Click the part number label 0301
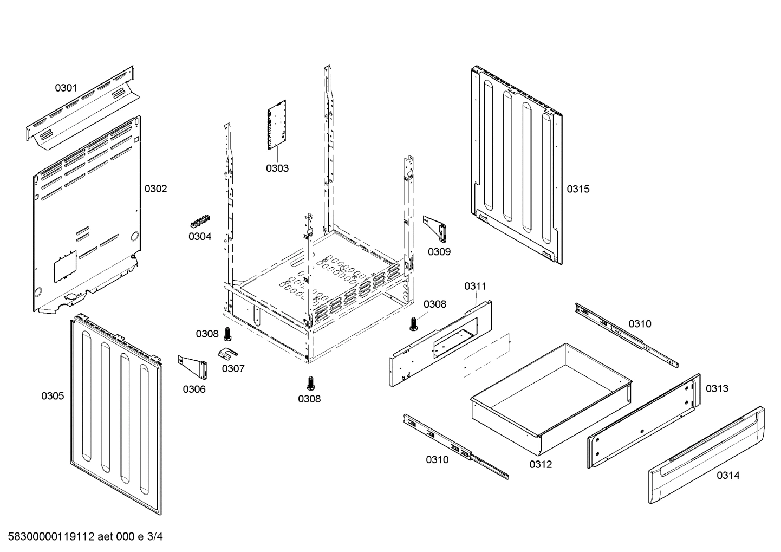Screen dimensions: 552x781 (66, 88)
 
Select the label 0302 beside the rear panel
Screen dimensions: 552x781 (155, 189)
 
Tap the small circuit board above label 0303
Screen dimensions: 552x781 (277, 124)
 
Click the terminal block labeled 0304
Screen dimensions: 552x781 (200, 222)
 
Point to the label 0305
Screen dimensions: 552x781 (53, 396)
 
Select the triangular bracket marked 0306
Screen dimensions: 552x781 (193, 367)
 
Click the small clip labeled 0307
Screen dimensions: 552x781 (230, 353)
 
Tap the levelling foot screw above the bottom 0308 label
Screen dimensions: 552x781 (310, 382)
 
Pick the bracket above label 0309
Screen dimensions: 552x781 (436, 228)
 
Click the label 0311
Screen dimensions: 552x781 (475, 286)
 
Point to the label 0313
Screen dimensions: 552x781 (717, 388)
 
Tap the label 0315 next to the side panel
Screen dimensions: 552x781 (578, 189)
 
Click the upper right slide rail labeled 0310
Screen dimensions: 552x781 (626, 333)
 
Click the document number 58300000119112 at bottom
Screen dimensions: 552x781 (51, 537)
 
